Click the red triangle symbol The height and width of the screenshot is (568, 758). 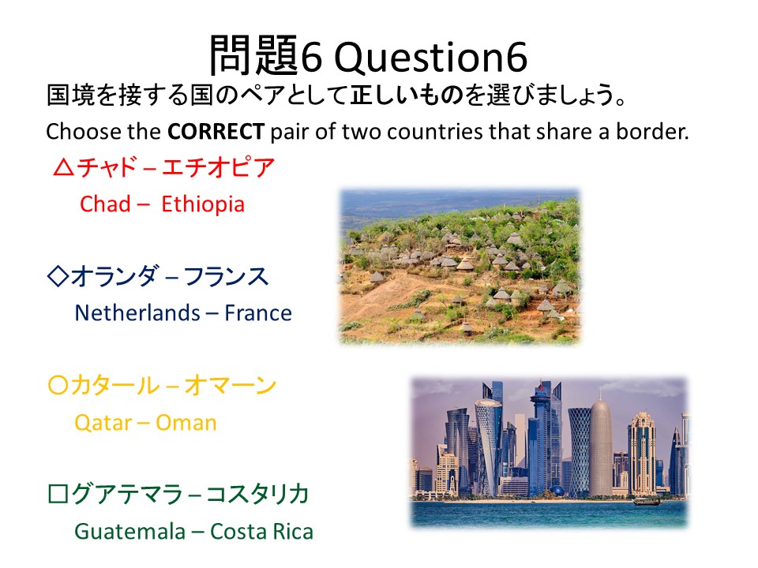(64, 167)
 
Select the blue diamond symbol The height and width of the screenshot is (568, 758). (58, 276)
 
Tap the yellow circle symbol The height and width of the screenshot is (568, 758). (58, 385)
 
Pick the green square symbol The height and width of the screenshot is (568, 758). (58, 494)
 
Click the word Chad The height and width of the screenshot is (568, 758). (105, 204)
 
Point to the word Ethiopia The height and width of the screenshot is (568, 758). (203, 205)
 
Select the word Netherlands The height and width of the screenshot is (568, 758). (137, 313)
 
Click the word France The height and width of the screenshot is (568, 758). (258, 313)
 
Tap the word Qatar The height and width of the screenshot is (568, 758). (103, 423)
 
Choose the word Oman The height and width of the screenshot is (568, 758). (186, 423)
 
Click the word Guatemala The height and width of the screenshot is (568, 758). (130, 532)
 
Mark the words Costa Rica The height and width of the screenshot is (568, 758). (261, 532)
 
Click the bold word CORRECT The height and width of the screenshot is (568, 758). (216, 132)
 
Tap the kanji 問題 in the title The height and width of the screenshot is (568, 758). (254, 55)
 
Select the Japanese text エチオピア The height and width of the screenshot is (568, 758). (218, 167)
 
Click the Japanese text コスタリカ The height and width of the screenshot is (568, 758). (257, 494)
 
